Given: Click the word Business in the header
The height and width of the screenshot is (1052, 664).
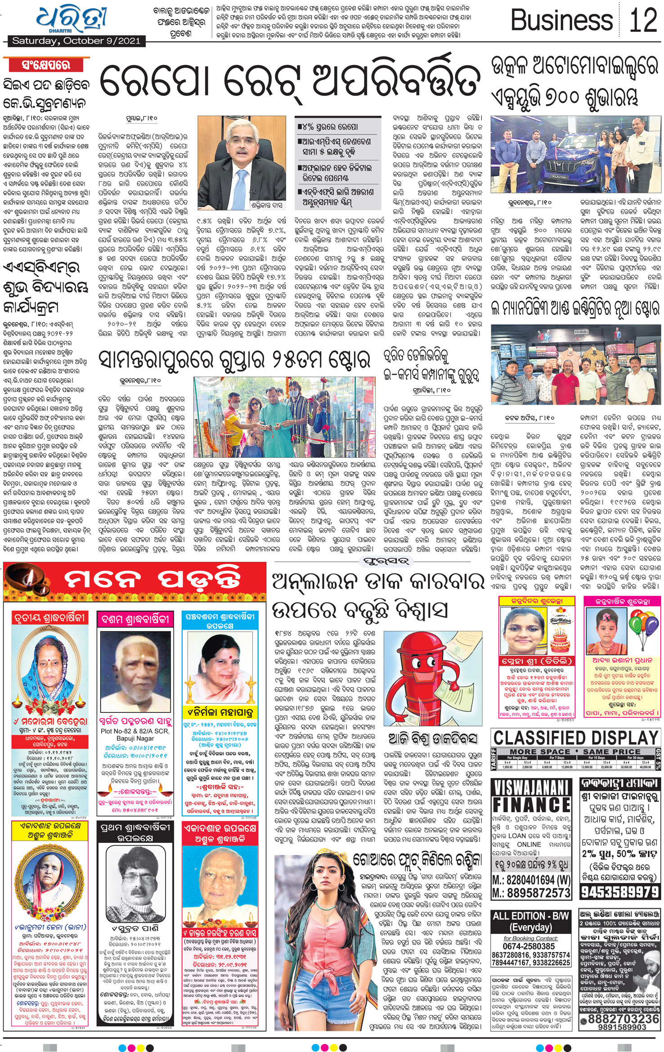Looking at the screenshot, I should point(561,21).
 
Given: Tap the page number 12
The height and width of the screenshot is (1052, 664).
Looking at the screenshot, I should point(643,20).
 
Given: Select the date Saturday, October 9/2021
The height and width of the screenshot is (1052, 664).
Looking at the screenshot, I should point(76,41).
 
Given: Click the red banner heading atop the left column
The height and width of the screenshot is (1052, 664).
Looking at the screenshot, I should point(45,65).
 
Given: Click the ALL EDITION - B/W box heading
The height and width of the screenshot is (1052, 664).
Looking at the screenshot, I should point(531,921).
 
